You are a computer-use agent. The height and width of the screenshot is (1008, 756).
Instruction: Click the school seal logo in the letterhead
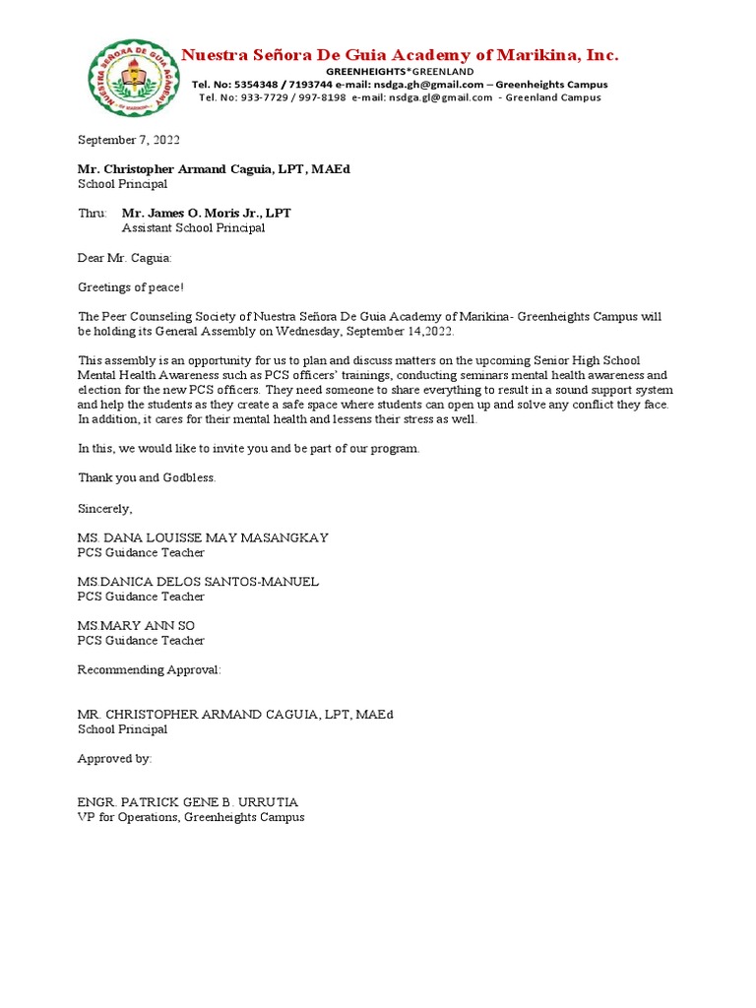(135, 77)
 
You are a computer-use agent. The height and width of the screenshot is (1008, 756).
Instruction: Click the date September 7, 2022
(129, 141)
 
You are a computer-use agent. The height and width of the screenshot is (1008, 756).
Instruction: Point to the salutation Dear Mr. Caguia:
(124, 258)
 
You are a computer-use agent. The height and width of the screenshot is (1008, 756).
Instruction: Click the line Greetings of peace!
(131, 287)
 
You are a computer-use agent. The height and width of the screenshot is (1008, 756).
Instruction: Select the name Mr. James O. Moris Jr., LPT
(206, 214)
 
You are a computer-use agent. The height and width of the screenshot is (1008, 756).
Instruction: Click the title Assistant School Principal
(193, 228)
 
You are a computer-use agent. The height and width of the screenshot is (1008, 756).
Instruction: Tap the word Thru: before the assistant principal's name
(93, 214)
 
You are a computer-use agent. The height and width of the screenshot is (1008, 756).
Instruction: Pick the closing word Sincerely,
(104, 508)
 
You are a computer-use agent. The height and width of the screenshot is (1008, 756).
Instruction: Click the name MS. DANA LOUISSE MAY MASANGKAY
(203, 537)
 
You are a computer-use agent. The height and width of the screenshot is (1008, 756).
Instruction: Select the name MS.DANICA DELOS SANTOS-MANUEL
(198, 582)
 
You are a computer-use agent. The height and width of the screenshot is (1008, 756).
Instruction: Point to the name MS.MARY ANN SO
(143, 626)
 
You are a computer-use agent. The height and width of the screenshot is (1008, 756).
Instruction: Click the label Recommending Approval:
(150, 669)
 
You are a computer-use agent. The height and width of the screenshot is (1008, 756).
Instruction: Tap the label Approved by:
(115, 759)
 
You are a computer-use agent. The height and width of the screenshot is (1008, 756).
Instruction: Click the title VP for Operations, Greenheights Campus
(191, 818)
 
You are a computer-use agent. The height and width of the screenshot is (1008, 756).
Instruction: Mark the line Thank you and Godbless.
(147, 478)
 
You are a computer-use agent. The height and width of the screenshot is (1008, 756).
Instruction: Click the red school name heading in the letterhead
(399, 55)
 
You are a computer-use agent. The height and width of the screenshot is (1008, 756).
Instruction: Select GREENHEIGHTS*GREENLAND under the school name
(400, 72)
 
